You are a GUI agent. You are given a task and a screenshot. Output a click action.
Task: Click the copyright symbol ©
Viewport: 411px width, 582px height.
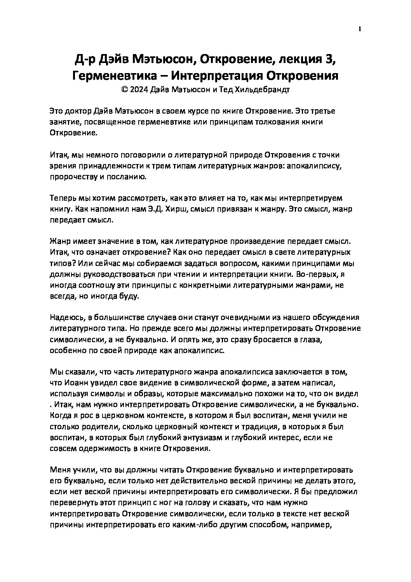click(x=124, y=89)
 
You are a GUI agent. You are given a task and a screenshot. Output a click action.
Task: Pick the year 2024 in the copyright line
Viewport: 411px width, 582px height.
click(x=139, y=89)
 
